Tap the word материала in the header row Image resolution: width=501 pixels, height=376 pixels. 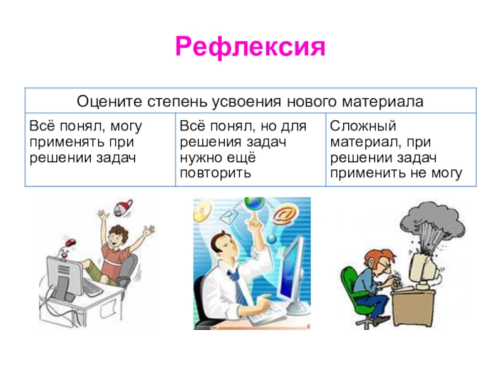pyautogui.click(x=383, y=102)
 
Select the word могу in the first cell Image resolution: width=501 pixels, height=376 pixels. pyautogui.click(x=126, y=127)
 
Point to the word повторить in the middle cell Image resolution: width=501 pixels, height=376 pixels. pyautogui.click(x=215, y=174)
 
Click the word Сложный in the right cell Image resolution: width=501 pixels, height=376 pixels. pyautogui.click(x=363, y=126)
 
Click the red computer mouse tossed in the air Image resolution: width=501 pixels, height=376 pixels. pyautogui.click(x=70, y=242)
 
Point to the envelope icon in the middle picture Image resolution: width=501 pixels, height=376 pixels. pyautogui.click(x=229, y=216)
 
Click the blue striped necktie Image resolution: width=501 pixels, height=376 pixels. pyautogui.click(x=237, y=286)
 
